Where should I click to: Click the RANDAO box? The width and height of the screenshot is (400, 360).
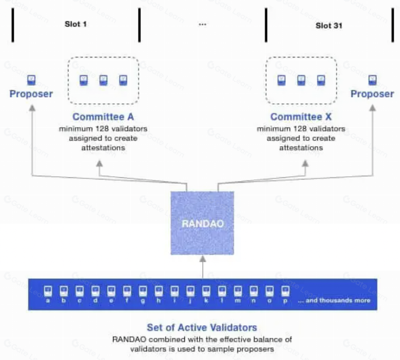tap(203, 223)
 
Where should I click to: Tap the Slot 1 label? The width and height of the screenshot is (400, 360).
tap(75, 24)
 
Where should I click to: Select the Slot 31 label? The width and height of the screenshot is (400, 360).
tap(329, 25)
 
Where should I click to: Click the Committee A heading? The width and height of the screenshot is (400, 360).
tap(103, 117)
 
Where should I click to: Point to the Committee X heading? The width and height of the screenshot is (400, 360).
tap(301, 117)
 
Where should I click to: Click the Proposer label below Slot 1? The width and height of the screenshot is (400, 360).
tap(31, 94)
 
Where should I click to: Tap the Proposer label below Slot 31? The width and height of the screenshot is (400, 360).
tap(372, 94)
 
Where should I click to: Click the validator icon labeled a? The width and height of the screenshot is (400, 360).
tap(48, 291)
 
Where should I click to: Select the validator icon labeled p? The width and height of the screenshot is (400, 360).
tap(285, 291)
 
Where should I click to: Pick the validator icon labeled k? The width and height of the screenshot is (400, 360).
tap(206, 291)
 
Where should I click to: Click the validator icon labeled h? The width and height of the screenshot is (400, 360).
tap(158, 291)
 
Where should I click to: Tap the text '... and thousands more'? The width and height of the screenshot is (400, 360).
tap(334, 300)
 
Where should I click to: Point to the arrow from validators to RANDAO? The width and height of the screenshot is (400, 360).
tap(203, 267)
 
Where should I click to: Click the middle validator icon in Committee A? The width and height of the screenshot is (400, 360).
tap(103, 80)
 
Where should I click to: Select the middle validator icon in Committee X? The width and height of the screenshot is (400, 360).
tap(301, 80)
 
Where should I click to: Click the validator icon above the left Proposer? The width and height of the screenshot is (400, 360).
tap(31, 80)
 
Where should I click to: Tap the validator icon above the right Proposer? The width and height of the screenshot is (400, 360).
tap(372, 80)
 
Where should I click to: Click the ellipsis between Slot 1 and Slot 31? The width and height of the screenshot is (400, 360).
tap(203, 24)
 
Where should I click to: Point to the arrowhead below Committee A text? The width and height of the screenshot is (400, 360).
tap(99, 165)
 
